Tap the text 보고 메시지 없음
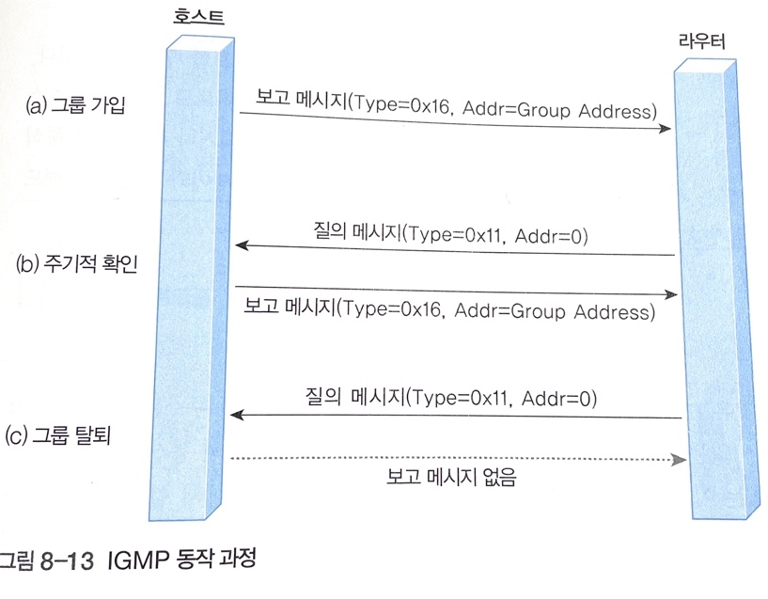451,478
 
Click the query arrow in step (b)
456,251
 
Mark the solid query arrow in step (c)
456,415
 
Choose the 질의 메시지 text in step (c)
348,397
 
